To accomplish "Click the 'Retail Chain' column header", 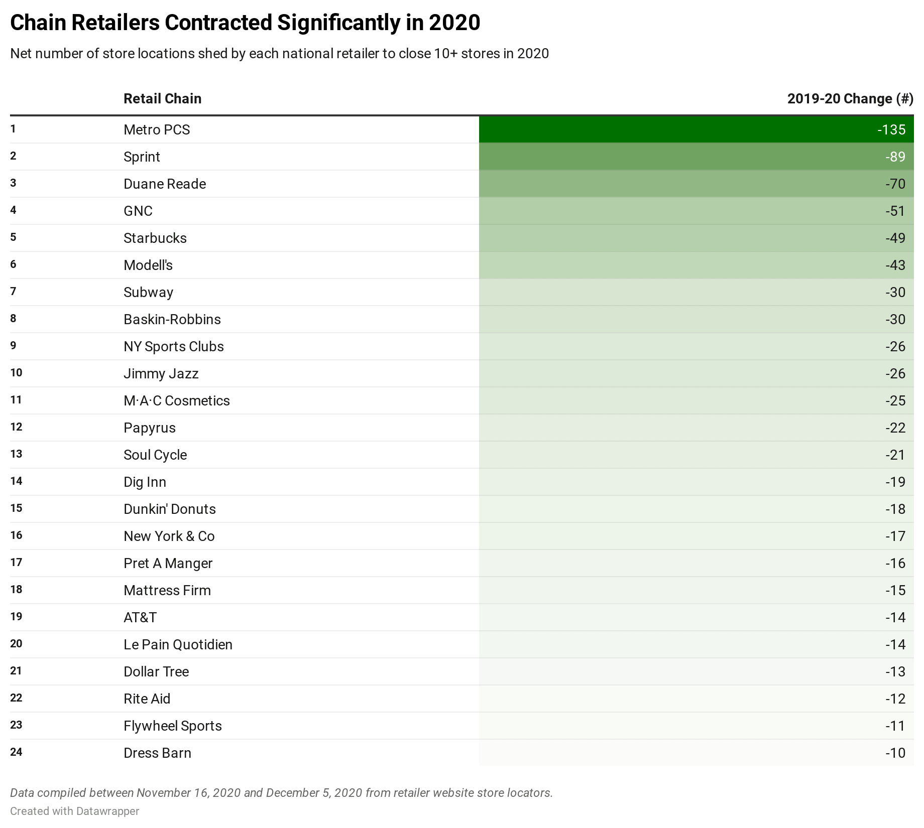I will coord(162,99).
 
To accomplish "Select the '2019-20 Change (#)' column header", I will coord(850,99).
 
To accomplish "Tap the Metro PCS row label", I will coord(157,130).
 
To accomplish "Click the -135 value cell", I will coord(891,130).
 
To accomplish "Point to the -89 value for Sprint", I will coord(895,157).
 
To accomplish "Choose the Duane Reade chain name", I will coord(165,184).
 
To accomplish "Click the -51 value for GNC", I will coord(895,211).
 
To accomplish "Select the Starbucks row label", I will coord(155,238).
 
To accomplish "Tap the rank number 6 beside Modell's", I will coord(14,264).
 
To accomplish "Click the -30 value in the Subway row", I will coord(895,293).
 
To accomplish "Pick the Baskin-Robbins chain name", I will coord(172,320).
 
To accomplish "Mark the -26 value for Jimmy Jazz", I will coord(895,374).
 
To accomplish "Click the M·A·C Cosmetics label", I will coord(177,401).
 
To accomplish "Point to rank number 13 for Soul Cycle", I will coord(16,454).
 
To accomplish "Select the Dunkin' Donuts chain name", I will coord(170,509).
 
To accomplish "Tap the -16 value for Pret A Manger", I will coord(895,564).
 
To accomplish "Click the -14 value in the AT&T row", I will coord(895,618).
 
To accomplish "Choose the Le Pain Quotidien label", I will coord(178,645).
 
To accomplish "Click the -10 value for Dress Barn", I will coord(895,753).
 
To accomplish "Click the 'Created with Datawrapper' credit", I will coord(75,811).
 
